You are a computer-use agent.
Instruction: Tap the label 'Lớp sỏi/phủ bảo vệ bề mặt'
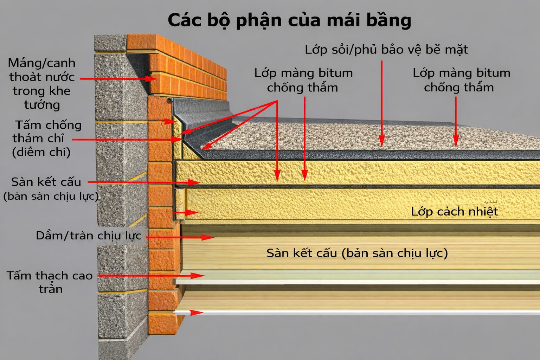pyautogui.click(x=386, y=50)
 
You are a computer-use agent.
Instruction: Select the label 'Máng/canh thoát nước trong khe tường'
pyautogui.click(x=42, y=84)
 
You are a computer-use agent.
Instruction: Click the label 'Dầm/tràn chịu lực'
pyautogui.click(x=89, y=235)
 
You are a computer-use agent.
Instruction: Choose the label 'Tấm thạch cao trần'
pyautogui.click(x=50, y=282)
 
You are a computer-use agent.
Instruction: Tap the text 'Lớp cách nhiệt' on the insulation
pyautogui.click(x=455, y=211)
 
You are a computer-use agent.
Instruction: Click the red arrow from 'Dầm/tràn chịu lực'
pyautogui.click(x=179, y=237)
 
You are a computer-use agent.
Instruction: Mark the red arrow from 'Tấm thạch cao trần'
pyautogui.click(x=151, y=276)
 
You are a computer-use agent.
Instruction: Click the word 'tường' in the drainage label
pyautogui.click(x=42, y=105)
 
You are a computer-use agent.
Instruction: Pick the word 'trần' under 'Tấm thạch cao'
pyautogui.click(x=51, y=289)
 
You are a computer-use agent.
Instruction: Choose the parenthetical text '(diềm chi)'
pyautogui.click(x=41, y=152)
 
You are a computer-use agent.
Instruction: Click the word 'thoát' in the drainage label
pyautogui.click(x=26, y=77)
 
